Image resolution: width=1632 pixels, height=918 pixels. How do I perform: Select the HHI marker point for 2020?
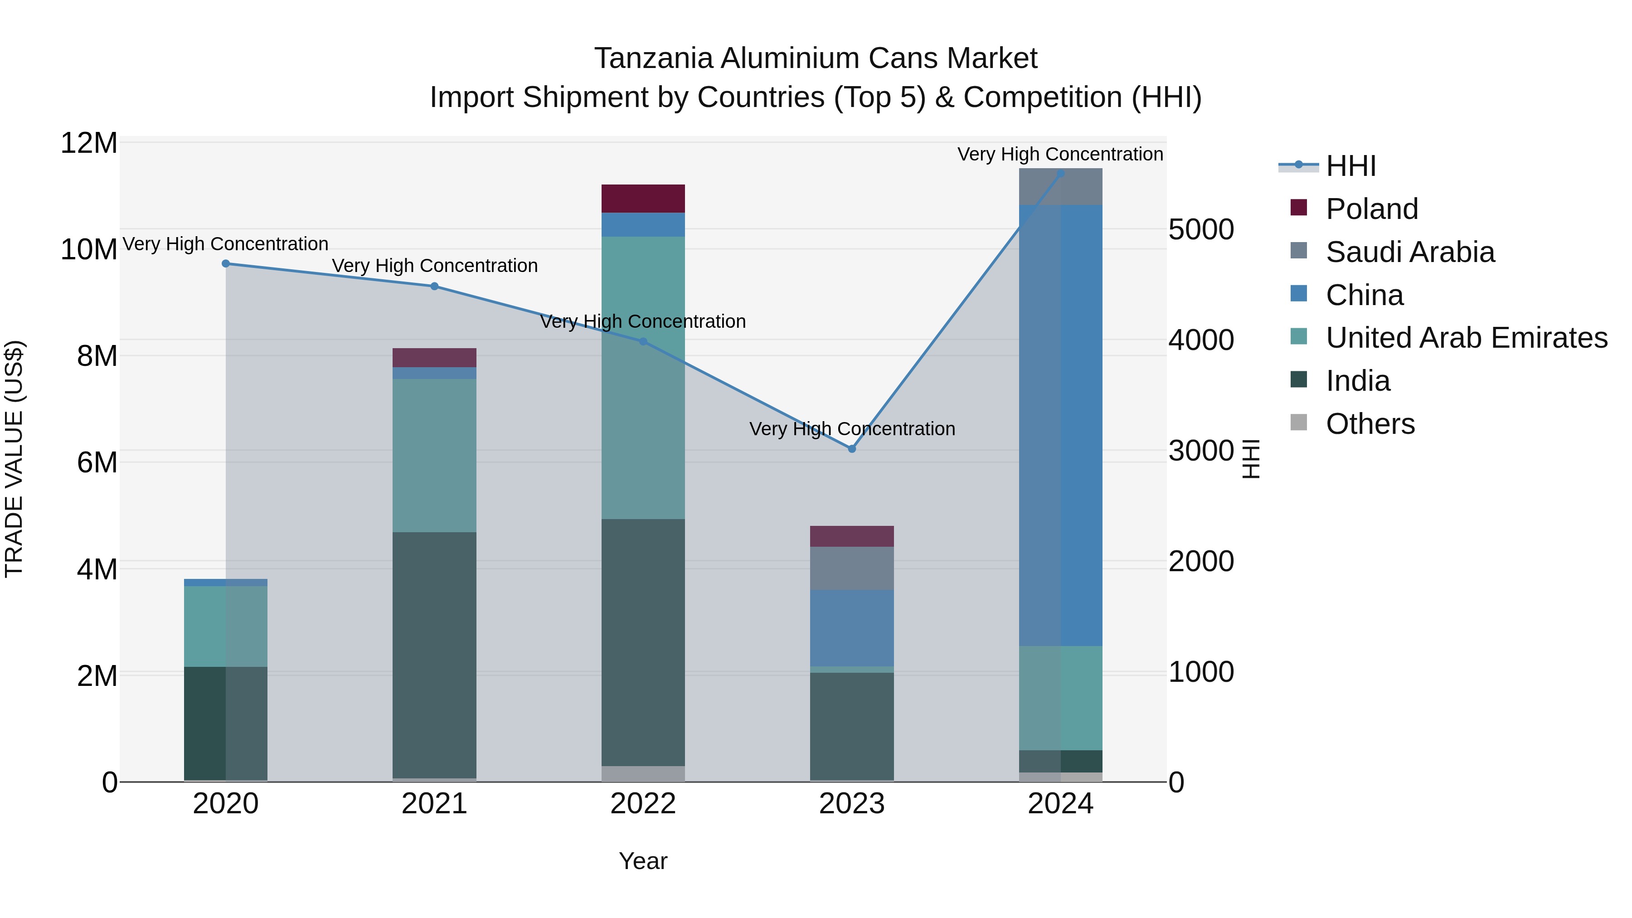(x=226, y=263)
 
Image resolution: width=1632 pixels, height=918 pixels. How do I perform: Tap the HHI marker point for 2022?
(x=643, y=341)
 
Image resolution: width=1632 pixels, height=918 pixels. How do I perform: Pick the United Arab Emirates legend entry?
(x=1466, y=338)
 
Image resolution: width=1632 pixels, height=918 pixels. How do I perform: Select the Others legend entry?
(x=1370, y=424)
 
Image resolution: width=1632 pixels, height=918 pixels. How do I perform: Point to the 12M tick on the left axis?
(x=89, y=143)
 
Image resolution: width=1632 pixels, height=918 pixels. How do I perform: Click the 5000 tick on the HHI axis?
(x=1200, y=229)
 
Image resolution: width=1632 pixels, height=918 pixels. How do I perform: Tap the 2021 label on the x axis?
(x=434, y=804)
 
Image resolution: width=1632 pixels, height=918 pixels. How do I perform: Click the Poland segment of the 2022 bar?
(x=643, y=198)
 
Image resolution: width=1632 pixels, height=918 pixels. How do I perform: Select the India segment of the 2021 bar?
(x=434, y=655)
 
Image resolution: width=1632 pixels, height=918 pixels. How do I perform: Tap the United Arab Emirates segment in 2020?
(x=226, y=626)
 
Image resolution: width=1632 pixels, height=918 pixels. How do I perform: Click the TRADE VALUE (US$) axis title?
(x=14, y=459)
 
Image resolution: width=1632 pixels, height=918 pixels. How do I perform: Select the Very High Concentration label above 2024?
(x=1060, y=154)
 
